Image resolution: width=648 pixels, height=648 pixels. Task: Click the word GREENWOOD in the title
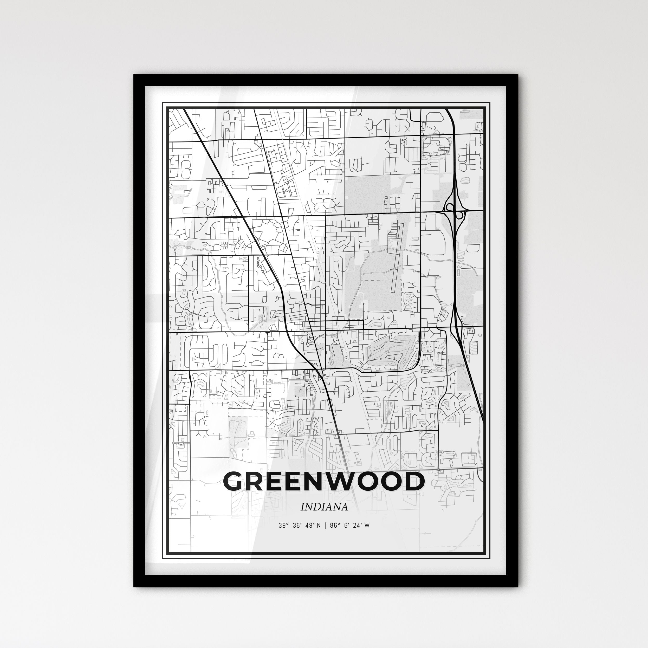point(324,482)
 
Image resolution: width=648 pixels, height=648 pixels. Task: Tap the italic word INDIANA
point(324,507)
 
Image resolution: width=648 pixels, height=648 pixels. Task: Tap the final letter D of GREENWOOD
point(412,482)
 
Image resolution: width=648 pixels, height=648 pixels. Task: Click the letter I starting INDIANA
point(302,507)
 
